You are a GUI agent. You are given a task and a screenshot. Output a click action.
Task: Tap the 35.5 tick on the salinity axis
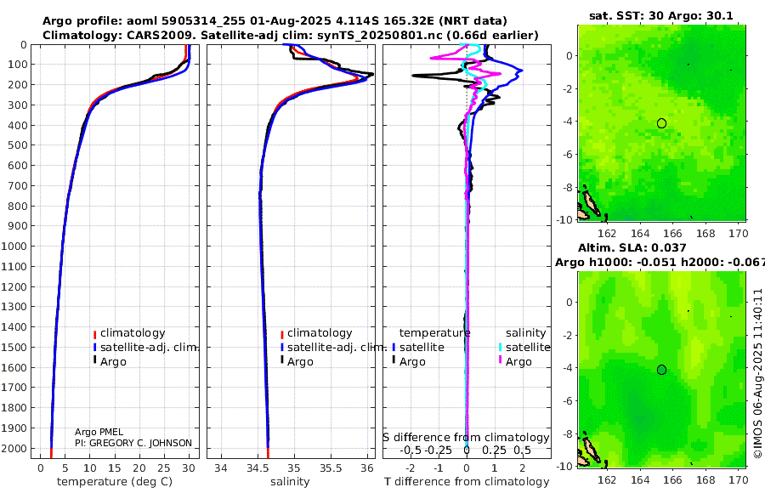pyautogui.click(x=330, y=467)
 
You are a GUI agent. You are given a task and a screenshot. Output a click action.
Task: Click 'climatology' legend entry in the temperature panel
pyautogui.click(x=132, y=333)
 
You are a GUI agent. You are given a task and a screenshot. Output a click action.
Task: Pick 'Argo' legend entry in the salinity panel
pyautogui.click(x=300, y=362)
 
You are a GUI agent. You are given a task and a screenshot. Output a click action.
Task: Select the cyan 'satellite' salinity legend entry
pyautogui.click(x=528, y=348)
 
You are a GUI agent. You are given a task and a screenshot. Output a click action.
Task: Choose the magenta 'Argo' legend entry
pyautogui.click(x=518, y=362)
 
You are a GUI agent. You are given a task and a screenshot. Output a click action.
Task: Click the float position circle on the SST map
pyautogui.click(x=661, y=123)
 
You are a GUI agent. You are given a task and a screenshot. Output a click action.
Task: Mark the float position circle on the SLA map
pyautogui.click(x=661, y=369)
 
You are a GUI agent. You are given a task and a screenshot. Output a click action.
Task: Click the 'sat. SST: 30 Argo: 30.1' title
pyautogui.click(x=660, y=16)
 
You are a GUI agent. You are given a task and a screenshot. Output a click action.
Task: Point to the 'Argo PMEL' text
pyautogui.click(x=99, y=433)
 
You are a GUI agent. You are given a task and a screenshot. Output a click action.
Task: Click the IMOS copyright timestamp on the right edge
pyautogui.click(x=757, y=374)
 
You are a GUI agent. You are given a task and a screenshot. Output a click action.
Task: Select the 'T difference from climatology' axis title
pyautogui.click(x=467, y=482)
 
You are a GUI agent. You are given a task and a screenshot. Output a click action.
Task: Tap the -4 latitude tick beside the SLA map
pyautogui.click(x=566, y=369)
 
